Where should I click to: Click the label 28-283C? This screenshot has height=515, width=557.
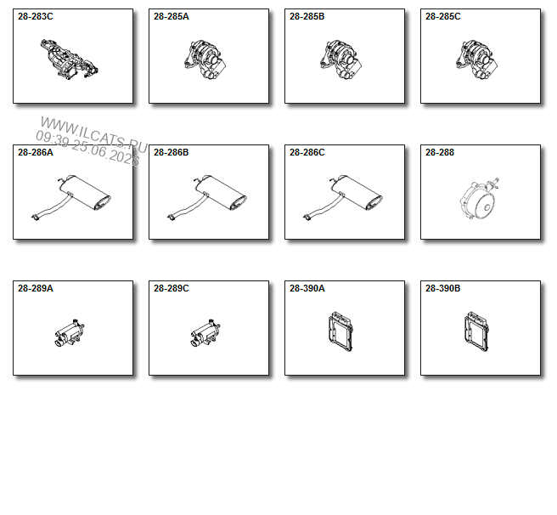(36, 17)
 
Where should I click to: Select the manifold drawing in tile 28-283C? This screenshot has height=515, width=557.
(70, 59)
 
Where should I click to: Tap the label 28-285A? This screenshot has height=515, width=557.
(172, 17)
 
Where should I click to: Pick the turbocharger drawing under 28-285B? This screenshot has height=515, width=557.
(341, 59)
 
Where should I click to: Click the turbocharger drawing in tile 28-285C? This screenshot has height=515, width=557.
(476, 59)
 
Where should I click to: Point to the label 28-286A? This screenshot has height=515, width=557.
(36, 153)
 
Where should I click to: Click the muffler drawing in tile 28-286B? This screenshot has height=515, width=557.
(206, 198)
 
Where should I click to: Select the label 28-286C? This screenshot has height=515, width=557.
(307, 153)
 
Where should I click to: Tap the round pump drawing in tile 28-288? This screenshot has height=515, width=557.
(479, 199)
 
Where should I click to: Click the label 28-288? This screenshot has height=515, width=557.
(440, 153)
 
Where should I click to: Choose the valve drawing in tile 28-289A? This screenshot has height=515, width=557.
(70, 333)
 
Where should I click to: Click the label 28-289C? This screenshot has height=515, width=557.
(172, 288)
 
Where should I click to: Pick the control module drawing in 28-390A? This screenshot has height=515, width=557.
(341, 331)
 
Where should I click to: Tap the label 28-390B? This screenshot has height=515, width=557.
(443, 288)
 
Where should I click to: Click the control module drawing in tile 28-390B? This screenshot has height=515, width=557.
(476, 331)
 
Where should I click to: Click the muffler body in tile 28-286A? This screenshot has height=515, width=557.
(85, 192)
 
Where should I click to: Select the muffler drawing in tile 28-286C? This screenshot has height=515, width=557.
(342, 198)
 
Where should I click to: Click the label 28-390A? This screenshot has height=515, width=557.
(307, 288)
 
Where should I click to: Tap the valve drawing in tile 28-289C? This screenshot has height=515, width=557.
(205, 333)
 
